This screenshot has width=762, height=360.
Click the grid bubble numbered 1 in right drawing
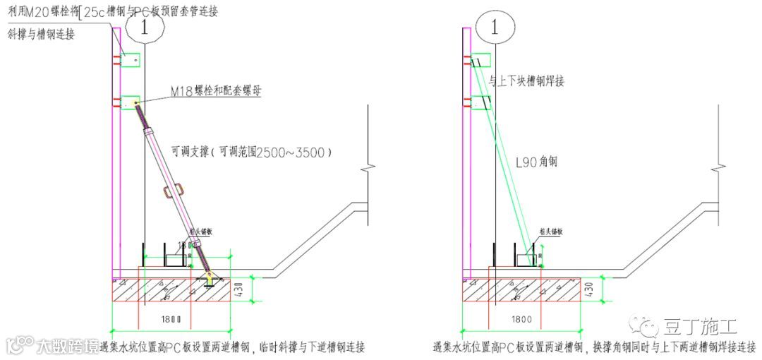click(x=495, y=28)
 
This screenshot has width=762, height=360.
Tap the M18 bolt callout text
click(x=216, y=90)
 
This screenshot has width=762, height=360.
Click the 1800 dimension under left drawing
click(x=169, y=319)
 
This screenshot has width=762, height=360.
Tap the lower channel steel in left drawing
click(x=131, y=103)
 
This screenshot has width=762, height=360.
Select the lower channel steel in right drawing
click(x=482, y=103)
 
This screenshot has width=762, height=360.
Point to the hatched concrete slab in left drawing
click(x=176, y=290)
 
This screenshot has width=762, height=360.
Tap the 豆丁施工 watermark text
click(x=699, y=327)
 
